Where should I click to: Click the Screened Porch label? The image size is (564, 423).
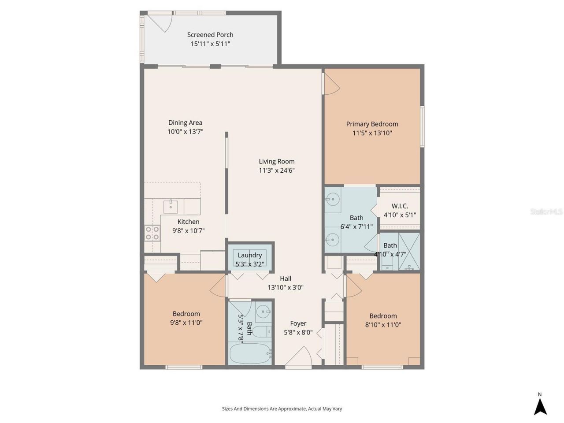click(210, 35)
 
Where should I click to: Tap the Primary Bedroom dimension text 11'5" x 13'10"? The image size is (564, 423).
click(372, 133)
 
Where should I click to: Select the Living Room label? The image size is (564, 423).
click(277, 162)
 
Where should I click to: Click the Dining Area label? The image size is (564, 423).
click(185, 123)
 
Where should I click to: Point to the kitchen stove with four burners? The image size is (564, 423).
click(152, 233)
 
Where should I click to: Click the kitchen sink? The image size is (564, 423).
click(170, 206)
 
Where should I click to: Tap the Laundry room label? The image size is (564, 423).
click(250, 255)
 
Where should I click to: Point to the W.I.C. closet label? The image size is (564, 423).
click(400, 206)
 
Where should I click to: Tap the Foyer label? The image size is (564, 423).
click(298, 323)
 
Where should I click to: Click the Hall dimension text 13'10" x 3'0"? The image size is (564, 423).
click(286, 288)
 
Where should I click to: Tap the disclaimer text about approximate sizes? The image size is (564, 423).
click(282, 409)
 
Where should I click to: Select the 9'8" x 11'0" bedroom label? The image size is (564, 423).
click(186, 314)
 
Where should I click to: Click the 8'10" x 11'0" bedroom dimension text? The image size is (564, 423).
click(383, 325)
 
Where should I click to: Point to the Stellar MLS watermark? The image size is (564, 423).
click(546, 212)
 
